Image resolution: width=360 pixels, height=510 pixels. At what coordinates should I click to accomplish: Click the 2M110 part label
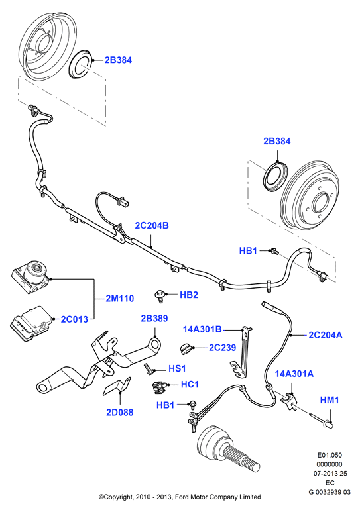(120, 298)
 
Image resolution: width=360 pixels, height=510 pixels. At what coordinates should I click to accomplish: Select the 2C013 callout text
(74, 319)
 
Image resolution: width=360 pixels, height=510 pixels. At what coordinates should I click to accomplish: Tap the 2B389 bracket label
(154, 318)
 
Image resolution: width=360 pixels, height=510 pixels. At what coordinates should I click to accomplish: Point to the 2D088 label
(120, 412)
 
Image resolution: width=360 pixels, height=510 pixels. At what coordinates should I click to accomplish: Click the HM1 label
(330, 400)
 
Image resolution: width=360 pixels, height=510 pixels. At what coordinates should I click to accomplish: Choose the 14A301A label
(294, 374)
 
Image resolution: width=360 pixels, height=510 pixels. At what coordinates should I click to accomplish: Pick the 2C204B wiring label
(152, 225)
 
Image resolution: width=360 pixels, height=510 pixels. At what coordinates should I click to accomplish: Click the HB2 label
(189, 295)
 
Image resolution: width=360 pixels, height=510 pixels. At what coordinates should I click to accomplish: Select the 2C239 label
(222, 347)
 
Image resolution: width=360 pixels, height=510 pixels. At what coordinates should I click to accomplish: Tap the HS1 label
(177, 368)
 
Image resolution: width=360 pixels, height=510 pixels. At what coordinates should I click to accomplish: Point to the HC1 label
(190, 384)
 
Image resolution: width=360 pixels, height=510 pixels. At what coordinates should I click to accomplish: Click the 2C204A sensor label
(326, 334)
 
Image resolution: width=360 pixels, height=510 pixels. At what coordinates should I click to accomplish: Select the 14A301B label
(202, 329)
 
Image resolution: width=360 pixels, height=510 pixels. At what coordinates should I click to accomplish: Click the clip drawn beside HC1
(158, 385)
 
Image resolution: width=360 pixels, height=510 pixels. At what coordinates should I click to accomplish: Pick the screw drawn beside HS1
(148, 369)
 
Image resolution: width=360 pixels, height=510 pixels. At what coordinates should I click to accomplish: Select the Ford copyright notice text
(180, 497)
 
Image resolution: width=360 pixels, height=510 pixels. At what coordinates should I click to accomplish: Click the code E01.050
(330, 455)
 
